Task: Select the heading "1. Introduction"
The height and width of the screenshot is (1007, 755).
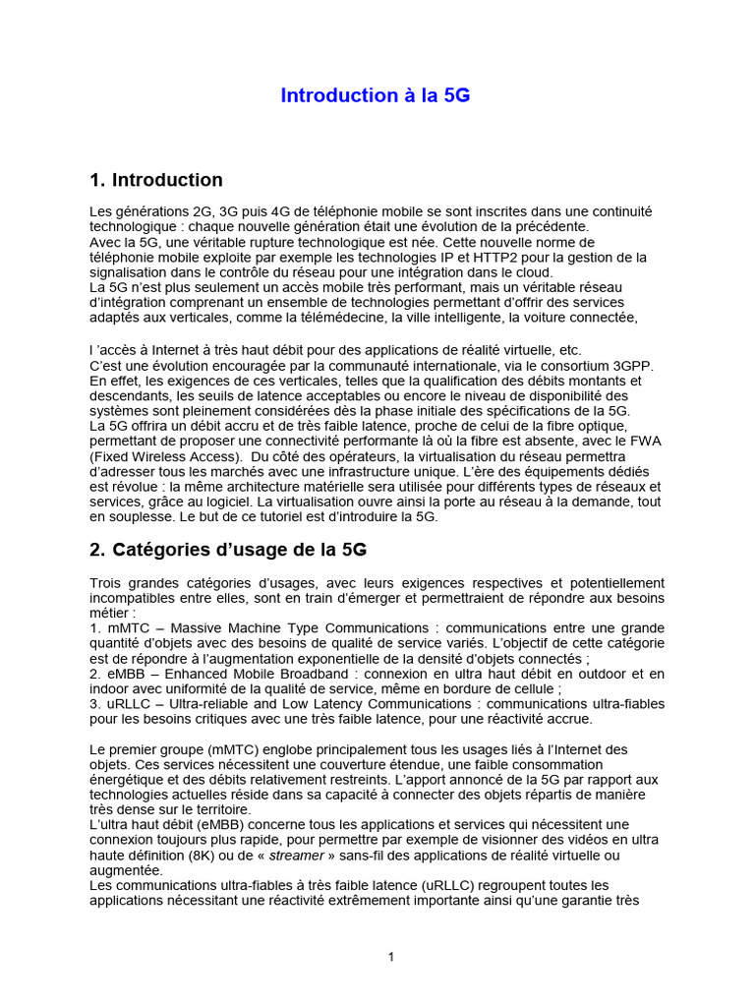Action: point(155,180)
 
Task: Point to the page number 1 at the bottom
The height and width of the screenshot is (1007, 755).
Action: point(390,957)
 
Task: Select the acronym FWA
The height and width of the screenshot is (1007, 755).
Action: point(647,441)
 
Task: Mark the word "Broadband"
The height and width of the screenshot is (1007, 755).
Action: point(293,674)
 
